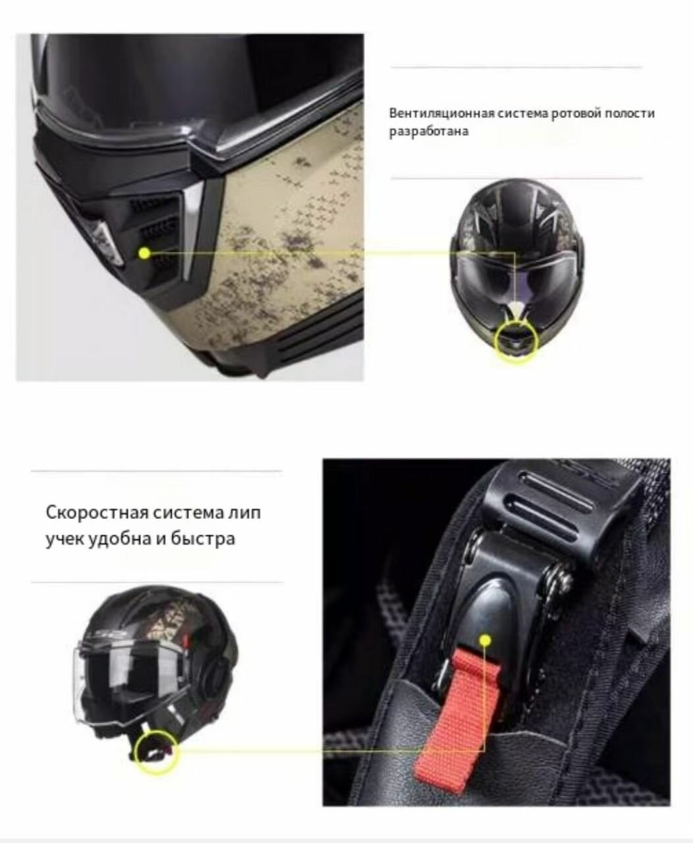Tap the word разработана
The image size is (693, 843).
click(429, 131)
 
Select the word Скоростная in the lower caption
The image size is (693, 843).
click(97, 512)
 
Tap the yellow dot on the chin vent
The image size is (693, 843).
click(145, 253)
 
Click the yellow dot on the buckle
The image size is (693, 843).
click(485, 640)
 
